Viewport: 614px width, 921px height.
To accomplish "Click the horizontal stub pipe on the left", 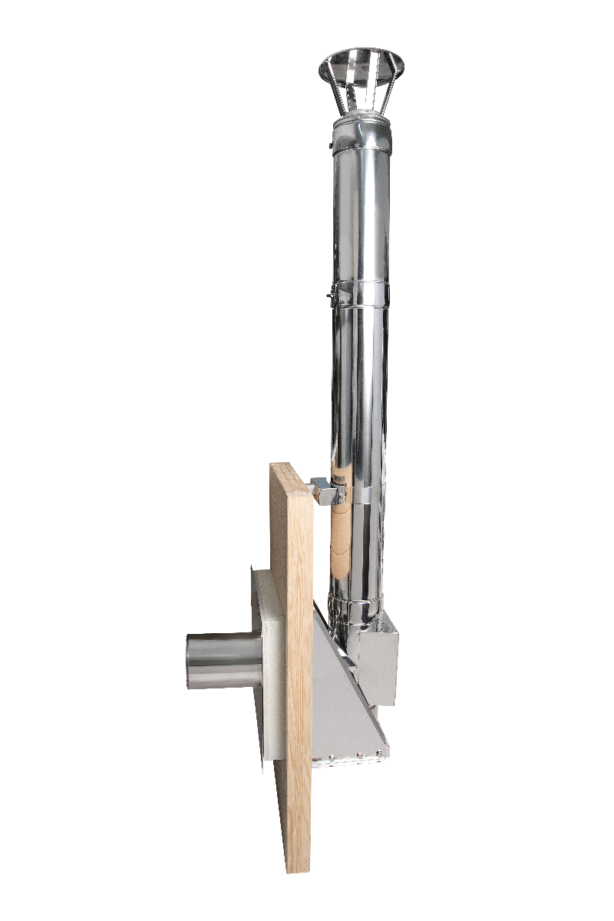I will (223, 660).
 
